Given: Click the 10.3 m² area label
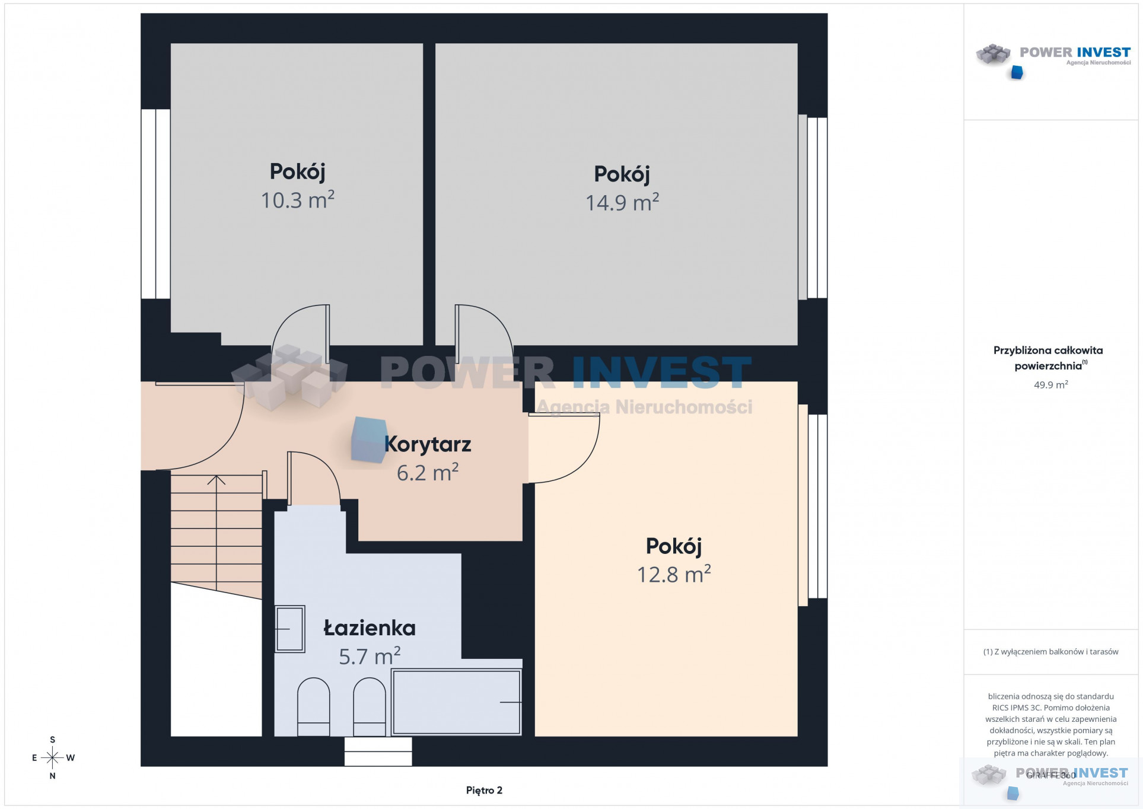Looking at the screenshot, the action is point(298,199).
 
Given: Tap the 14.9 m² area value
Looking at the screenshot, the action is point(622,202).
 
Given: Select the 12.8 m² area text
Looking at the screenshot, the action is point(674,574).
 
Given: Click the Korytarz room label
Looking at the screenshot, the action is point(428,444).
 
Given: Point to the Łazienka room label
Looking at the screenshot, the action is point(370,628).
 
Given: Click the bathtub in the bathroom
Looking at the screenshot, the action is point(456,702).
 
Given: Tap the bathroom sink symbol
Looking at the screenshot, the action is point(290,629).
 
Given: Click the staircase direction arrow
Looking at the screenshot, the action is point(216,534).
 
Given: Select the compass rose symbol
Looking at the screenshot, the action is point(52,757).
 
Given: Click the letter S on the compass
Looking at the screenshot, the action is point(53,740).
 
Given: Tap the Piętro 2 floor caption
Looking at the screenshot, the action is point(484,790).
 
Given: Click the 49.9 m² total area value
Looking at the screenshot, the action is point(1050,384).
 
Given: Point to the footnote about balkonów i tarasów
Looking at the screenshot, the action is point(1050,652).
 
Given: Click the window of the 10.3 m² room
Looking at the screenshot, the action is point(155,203).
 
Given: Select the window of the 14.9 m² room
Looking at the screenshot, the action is point(813,207).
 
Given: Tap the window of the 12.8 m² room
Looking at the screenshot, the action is point(813,505).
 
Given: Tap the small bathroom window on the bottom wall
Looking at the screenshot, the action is point(378,751).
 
